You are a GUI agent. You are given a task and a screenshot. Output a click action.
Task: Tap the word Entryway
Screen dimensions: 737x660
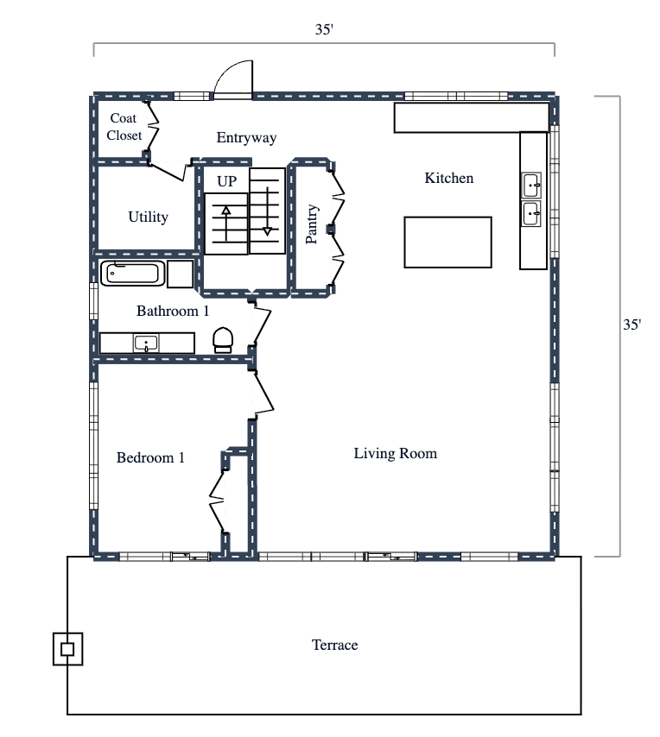coord(246,137)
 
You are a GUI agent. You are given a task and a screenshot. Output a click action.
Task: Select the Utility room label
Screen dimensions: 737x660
coord(148,217)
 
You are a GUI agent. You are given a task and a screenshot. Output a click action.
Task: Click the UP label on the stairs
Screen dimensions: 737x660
coord(226,181)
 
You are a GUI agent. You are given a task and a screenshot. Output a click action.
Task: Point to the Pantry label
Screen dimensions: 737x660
coord(313,224)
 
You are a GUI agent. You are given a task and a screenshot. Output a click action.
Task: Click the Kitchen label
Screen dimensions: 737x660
coord(448,178)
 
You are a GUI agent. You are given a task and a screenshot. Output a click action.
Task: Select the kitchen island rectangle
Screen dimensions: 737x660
coord(447,243)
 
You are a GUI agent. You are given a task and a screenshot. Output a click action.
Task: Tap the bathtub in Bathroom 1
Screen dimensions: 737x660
coord(132,274)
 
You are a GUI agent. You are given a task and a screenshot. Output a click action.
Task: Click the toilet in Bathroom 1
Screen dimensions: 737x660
coord(223,338)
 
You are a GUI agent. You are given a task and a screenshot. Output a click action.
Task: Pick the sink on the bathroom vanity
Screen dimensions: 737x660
coord(147,343)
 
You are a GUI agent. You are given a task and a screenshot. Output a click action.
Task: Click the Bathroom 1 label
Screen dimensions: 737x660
coord(173,311)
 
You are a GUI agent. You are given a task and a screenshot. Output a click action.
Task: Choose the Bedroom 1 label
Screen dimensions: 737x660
coord(150,457)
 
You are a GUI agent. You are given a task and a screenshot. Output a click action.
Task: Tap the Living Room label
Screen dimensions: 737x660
coord(395,453)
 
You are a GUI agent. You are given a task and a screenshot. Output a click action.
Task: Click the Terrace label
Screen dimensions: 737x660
coord(334,645)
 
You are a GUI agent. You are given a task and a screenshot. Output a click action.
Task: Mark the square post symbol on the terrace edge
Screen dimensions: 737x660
coord(67,649)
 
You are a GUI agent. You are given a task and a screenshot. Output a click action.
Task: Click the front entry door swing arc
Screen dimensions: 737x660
coord(233,78)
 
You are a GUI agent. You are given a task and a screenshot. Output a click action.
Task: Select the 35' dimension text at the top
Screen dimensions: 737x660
coord(324,28)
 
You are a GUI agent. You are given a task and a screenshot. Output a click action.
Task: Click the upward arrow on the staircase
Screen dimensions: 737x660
coord(226,223)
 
